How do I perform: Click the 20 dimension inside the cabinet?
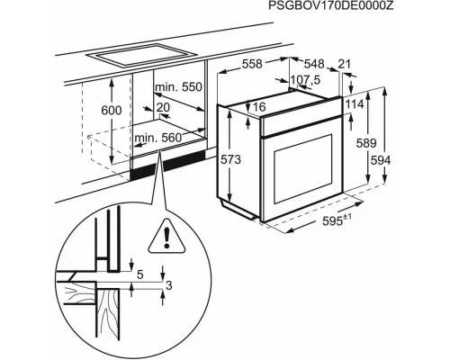[x=162, y=107]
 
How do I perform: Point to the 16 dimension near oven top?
[x=260, y=107]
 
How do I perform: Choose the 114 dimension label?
[x=354, y=104]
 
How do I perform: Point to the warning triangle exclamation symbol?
[x=167, y=236]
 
